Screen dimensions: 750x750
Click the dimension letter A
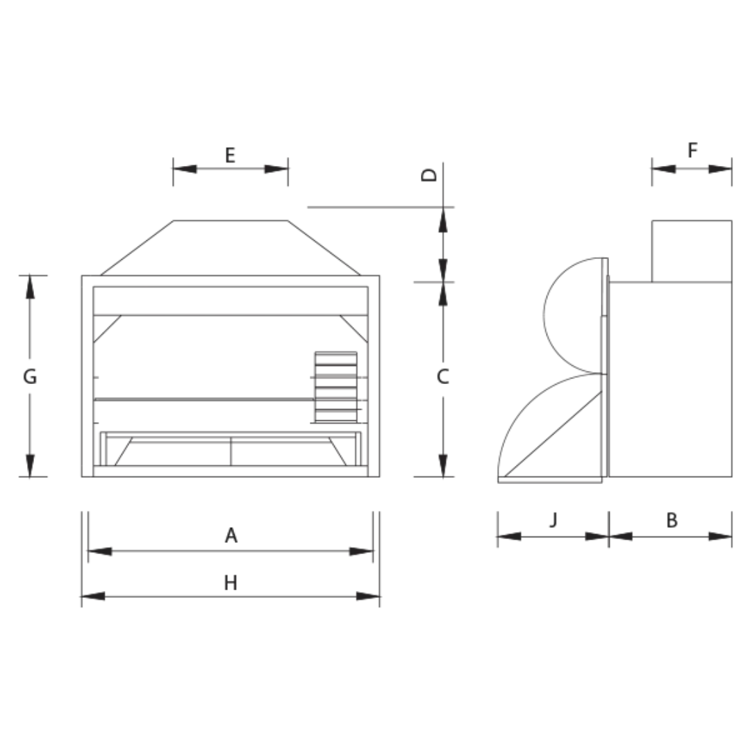pyautogui.click(x=231, y=535)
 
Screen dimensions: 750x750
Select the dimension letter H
pyautogui.click(x=231, y=583)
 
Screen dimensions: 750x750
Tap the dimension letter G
pyautogui.click(x=30, y=377)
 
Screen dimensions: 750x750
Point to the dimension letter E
pyautogui.click(x=231, y=156)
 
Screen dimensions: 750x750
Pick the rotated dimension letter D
pyautogui.click(x=431, y=174)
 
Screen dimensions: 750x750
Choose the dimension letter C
pyautogui.click(x=443, y=377)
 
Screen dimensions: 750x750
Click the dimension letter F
pyautogui.click(x=692, y=151)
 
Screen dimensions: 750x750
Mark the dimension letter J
pyautogui.click(x=553, y=520)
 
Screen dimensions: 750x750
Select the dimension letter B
pyautogui.click(x=672, y=520)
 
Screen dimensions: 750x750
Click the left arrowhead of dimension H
pyautogui.click(x=92, y=596)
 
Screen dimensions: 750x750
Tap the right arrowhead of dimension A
pyautogui.click(x=362, y=551)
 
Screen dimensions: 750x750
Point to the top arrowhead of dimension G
pyautogui.click(x=30, y=287)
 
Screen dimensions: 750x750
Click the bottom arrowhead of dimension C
pyautogui.click(x=443, y=465)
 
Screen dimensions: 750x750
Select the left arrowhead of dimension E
pyautogui.click(x=185, y=169)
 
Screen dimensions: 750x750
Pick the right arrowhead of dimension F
pyautogui.click(x=721, y=169)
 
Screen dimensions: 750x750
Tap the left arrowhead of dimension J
pyautogui.click(x=509, y=536)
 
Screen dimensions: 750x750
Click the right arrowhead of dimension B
pyautogui.click(x=720, y=536)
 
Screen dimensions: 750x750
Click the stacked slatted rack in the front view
pyautogui.click(x=336, y=387)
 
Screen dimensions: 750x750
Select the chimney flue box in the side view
pyautogui.click(x=692, y=251)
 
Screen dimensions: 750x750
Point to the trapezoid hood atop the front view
pyautogui.click(x=231, y=248)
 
